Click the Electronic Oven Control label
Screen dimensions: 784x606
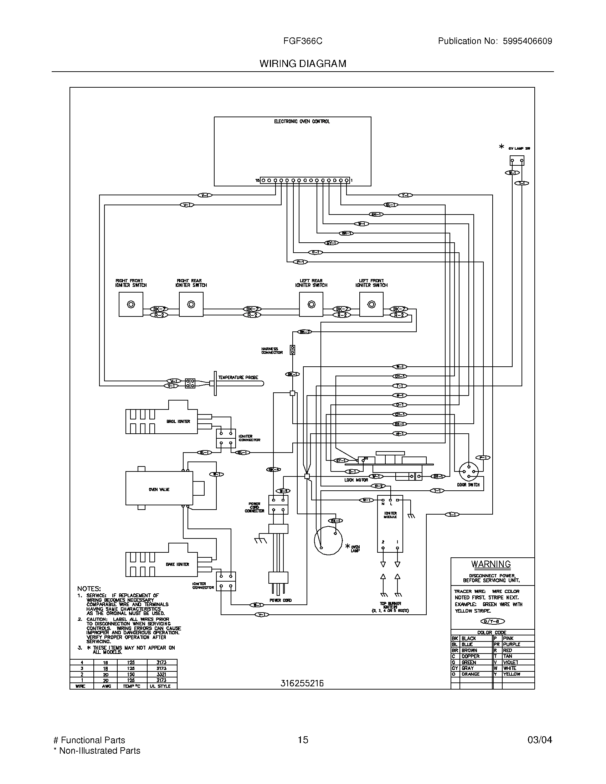coord(302,122)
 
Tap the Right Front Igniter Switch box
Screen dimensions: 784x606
coord(131,304)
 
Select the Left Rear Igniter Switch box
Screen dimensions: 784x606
coord(311,304)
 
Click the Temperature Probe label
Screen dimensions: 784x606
coord(238,377)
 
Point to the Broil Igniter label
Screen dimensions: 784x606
coord(178,422)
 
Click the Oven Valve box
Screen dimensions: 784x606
coord(159,489)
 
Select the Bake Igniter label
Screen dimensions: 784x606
coord(178,564)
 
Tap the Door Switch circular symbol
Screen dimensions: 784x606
coord(469,471)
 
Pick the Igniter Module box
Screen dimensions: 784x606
coord(390,524)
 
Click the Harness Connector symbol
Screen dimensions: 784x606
coord(293,350)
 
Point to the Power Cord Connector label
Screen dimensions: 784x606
coord(254,507)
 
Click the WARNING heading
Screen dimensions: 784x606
coord(491,564)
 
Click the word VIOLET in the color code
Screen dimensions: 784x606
coord(510,662)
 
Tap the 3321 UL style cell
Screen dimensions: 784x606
coord(161,674)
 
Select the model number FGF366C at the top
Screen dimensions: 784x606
coord(303,41)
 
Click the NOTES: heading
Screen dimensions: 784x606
coord(89,589)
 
